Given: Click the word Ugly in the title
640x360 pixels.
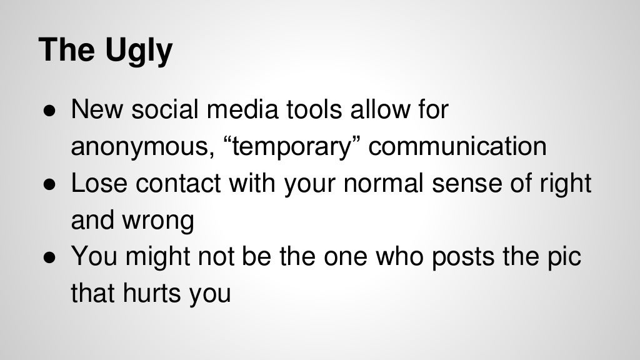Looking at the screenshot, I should pyautogui.click(x=137, y=51).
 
